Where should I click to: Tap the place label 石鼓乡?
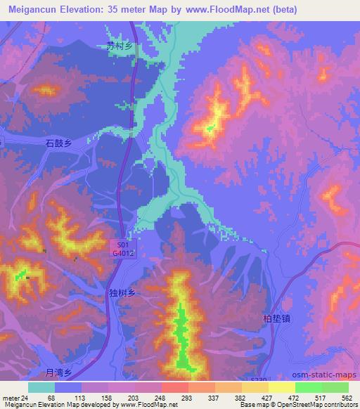coord(59,143)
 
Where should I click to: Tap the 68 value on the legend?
coord(51,398)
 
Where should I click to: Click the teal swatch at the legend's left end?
coord(41,387)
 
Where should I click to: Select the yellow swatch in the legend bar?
coord(282,387)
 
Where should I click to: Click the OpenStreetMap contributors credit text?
coord(313,405)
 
